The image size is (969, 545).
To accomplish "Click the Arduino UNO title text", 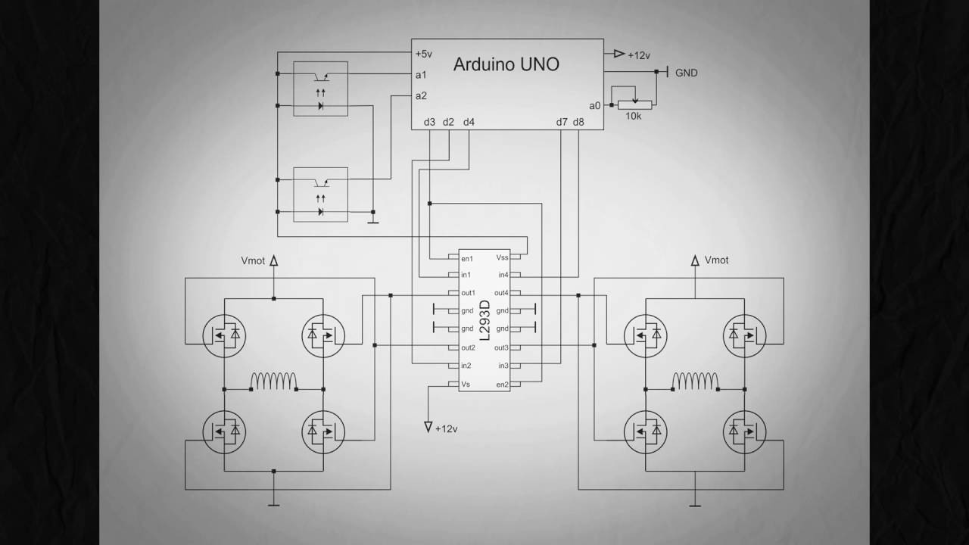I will click(x=506, y=64).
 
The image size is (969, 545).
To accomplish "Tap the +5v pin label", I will click(x=423, y=54).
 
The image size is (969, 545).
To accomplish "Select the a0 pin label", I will click(x=594, y=106).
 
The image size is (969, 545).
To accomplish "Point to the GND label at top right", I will click(x=686, y=73).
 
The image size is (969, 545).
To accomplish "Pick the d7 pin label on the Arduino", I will click(x=562, y=122).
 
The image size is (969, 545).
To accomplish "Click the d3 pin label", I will click(x=429, y=122).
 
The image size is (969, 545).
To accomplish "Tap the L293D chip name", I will click(x=484, y=322).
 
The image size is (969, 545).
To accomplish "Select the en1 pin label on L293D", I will click(x=467, y=257).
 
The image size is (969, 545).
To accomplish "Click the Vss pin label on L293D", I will click(x=501, y=257).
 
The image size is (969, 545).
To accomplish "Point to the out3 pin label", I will click(x=501, y=348).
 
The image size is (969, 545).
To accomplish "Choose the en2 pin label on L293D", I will click(x=502, y=385).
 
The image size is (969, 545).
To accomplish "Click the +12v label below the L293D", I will click(x=446, y=428).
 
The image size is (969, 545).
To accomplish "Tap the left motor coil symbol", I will click(x=273, y=380).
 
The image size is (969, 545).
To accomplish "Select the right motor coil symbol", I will click(x=694, y=380).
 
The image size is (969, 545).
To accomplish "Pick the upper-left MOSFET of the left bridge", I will click(x=225, y=334).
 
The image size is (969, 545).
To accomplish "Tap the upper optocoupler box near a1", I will click(x=320, y=89).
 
